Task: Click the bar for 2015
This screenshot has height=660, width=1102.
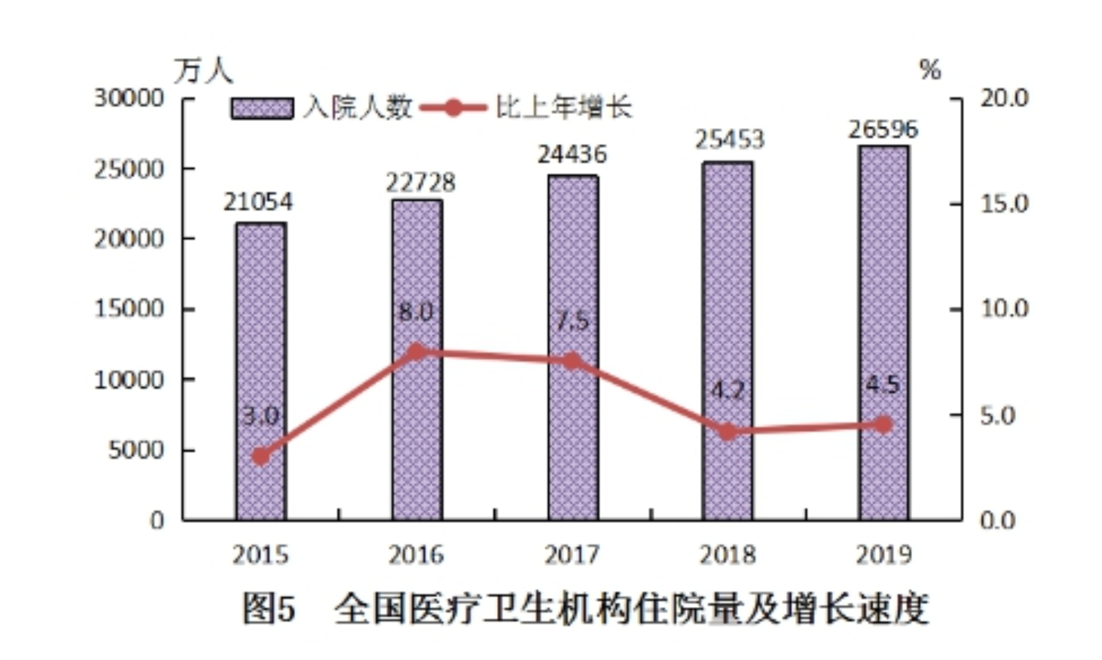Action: point(261,370)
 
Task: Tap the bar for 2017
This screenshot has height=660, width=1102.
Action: point(573,347)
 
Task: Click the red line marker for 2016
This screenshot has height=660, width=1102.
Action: point(417,351)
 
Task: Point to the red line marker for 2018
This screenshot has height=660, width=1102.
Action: point(728,431)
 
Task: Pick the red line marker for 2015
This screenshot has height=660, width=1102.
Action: point(261,457)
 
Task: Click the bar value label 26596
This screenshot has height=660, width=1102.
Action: point(883,129)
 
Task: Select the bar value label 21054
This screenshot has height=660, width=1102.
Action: point(258,202)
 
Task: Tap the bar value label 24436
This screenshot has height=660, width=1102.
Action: point(572,155)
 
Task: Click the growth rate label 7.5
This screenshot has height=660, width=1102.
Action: point(572,322)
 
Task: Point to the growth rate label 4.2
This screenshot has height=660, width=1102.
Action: point(728,391)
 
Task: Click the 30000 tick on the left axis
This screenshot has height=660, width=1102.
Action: point(129,98)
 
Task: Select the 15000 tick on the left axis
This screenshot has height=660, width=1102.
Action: point(129,309)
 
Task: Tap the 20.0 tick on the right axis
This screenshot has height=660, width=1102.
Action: point(1005,98)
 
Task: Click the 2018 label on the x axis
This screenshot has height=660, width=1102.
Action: point(728,555)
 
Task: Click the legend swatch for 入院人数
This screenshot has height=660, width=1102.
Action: point(263,109)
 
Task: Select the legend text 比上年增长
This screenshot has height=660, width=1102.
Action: point(563,108)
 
